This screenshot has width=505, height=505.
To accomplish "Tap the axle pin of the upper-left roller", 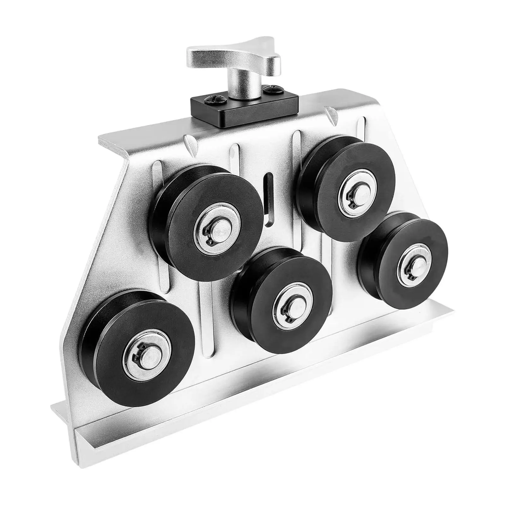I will tap(218, 229).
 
